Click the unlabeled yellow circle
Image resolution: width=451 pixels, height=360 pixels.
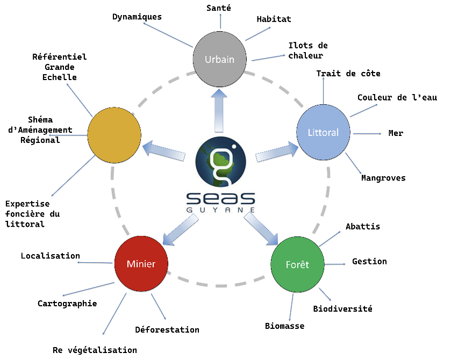coord(114,135)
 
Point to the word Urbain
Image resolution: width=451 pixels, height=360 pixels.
coord(219,59)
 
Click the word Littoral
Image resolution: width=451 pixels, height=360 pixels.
coord(323,132)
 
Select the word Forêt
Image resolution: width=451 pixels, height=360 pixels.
coord(297,265)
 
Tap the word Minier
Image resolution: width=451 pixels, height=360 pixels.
coord(141,264)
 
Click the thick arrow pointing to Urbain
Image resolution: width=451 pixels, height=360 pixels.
coord(219,110)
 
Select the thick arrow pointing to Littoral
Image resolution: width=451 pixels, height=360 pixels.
coord(277,152)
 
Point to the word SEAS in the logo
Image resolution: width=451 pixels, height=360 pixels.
coord(220,198)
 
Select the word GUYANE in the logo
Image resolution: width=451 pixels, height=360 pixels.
coord(220,209)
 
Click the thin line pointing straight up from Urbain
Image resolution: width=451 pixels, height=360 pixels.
coord(220,21)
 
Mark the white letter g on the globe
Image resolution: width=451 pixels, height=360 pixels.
coord(221,161)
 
